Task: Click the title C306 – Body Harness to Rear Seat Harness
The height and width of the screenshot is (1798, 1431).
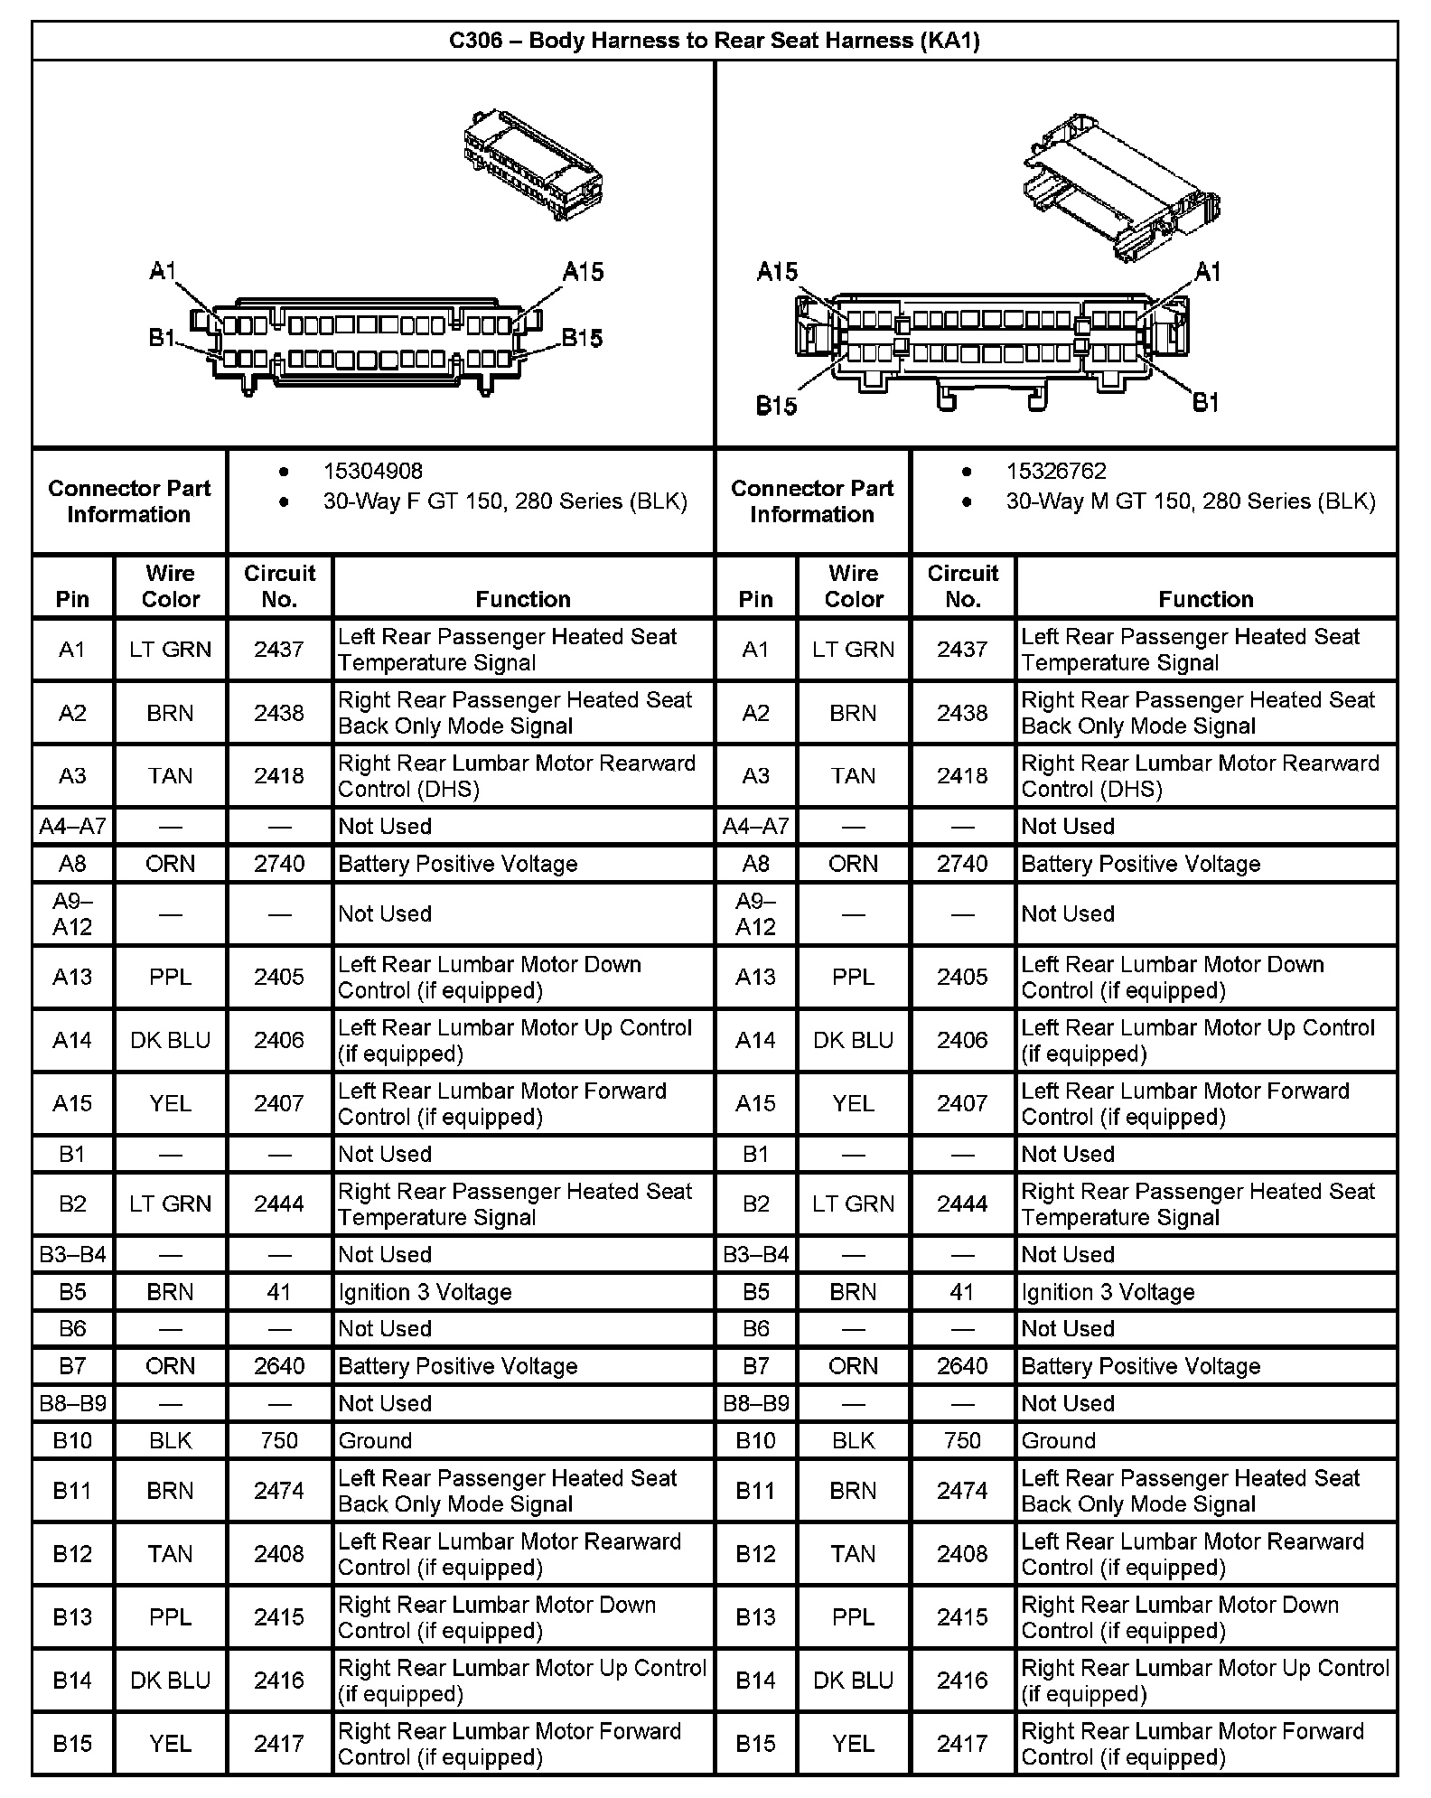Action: (x=714, y=41)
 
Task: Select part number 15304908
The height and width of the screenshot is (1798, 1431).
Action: (x=372, y=471)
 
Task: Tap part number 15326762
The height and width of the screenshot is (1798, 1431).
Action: (x=1056, y=471)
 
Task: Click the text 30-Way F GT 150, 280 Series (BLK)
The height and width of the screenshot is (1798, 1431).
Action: (x=505, y=501)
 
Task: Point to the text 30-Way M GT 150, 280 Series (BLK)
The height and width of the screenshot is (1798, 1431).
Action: (x=1190, y=501)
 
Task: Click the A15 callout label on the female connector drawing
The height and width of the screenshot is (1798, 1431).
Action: (x=583, y=272)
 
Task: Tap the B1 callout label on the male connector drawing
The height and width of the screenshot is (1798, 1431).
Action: (x=1206, y=402)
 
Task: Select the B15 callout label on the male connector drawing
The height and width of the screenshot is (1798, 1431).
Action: (x=776, y=406)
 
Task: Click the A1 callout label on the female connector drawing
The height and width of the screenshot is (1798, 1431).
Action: (x=164, y=270)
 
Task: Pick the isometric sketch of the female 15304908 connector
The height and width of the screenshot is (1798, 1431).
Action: (x=533, y=165)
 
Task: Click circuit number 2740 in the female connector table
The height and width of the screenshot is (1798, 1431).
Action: (x=279, y=864)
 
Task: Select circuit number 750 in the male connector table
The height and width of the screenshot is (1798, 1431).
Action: (x=962, y=1440)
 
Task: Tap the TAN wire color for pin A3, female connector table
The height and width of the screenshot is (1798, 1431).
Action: (x=170, y=776)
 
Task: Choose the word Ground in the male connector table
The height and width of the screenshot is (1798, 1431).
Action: (x=1058, y=1440)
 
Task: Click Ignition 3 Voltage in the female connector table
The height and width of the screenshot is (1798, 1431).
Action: (x=425, y=1292)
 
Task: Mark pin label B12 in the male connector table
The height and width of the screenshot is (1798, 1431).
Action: (x=755, y=1554)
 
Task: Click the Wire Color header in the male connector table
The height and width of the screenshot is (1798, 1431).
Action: (x=853, y=586)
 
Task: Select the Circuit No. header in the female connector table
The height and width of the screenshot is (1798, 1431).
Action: (x=279, y=586)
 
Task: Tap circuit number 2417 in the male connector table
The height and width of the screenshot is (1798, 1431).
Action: (x=962, y=1744)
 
